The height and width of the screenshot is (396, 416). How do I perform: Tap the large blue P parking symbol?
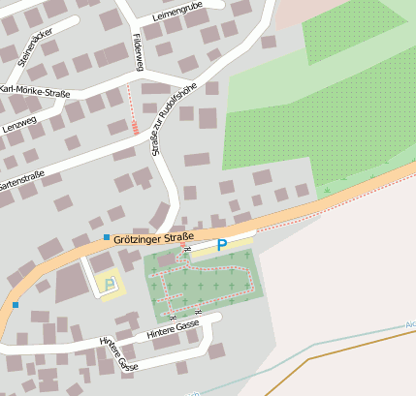222,246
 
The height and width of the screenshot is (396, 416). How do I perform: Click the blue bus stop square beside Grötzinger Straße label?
107,237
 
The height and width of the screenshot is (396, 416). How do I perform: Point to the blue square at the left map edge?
16,305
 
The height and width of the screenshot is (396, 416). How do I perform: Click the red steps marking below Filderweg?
134,126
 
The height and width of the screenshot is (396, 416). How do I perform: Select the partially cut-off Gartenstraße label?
22,180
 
